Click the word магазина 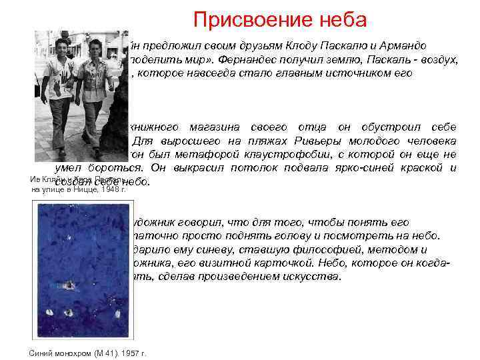pos(201,127)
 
